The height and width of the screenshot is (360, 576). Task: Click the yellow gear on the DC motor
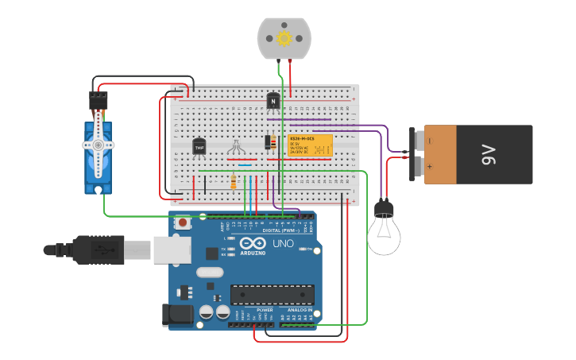pyautogui.click(x=284, y=37)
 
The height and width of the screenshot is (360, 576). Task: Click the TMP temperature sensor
pyautogui.click(x=199, y=147)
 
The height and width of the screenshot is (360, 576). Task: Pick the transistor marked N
pyautogui.click(x=273, y=101)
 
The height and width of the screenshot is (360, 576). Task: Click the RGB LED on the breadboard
pyautogui.click(x=236, y=147)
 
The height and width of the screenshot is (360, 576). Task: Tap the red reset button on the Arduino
pyautogui.click(x=184, y=223)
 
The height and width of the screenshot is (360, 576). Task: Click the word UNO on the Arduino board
pyautogui.click(x=284, y=244)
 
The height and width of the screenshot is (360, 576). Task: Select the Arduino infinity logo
pyautogui.click(x=254, y=244)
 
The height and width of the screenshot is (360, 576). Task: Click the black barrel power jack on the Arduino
pyautogui.click(x=176, y=315)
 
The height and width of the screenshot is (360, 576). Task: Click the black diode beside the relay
pyautogui.click(x=267, y=142)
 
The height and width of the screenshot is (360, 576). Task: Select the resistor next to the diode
pyautogui.click(x=274, y=143)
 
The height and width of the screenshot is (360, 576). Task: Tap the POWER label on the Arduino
pyautogui.click(x=253, y=309)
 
